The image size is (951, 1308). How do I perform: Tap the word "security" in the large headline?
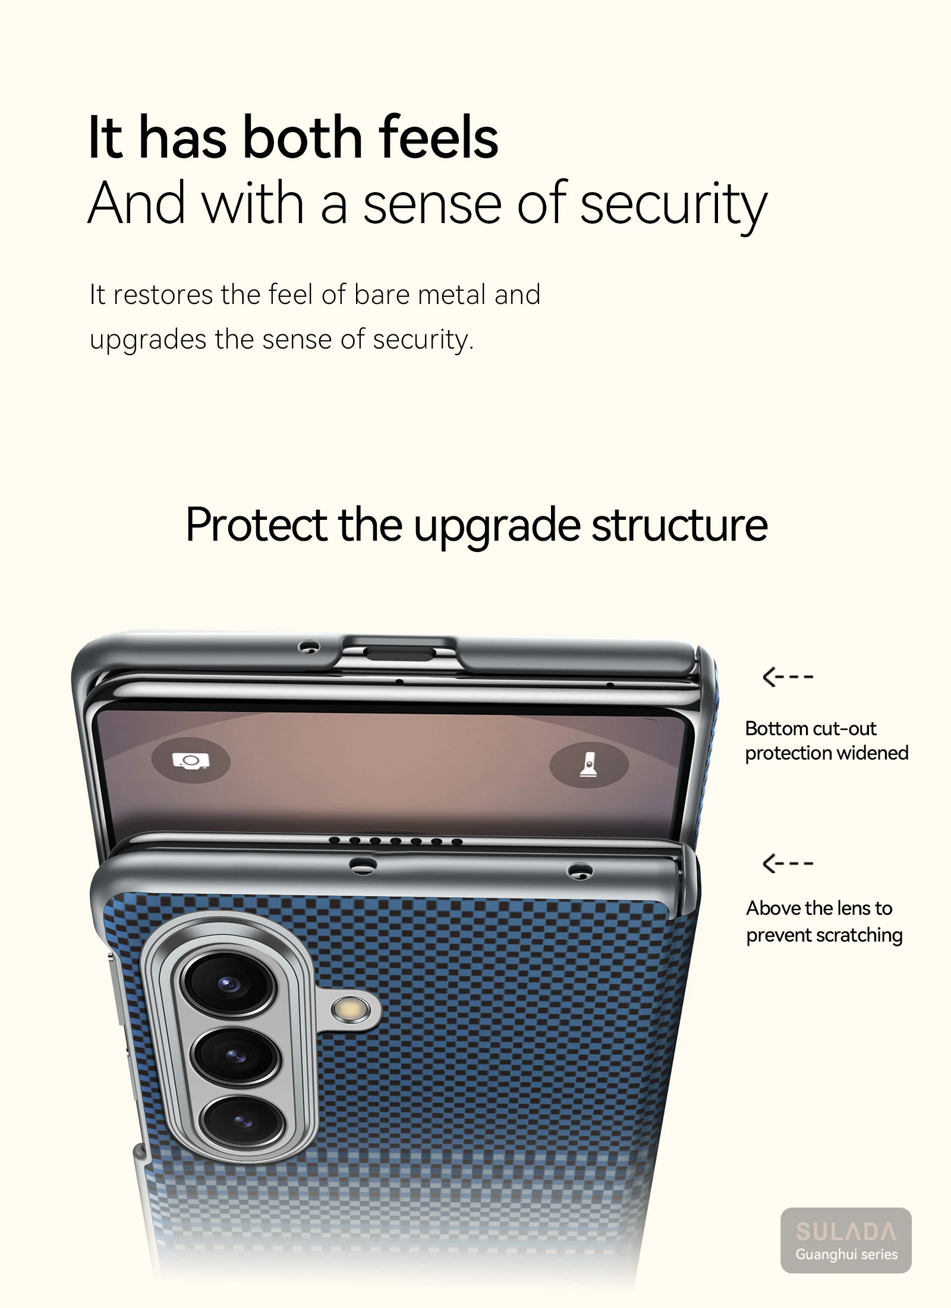point(673,205)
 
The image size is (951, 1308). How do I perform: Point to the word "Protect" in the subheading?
point(256,525)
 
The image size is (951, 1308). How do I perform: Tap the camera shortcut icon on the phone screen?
point(190,761)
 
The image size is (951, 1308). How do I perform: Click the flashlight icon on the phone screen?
point(588,764)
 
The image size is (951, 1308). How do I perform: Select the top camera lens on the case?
point(228,984)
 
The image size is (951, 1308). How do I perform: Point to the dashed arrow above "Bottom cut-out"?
point(788,677)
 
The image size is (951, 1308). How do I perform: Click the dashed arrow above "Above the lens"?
point(788,863)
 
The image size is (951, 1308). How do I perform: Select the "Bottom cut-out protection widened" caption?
point(826,741)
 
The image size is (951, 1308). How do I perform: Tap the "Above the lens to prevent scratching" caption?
point(824,921)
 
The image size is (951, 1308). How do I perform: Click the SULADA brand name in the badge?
point(846,1231)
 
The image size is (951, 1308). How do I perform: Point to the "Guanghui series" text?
point(846,1254)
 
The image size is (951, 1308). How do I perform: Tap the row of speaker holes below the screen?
point(396,841)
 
